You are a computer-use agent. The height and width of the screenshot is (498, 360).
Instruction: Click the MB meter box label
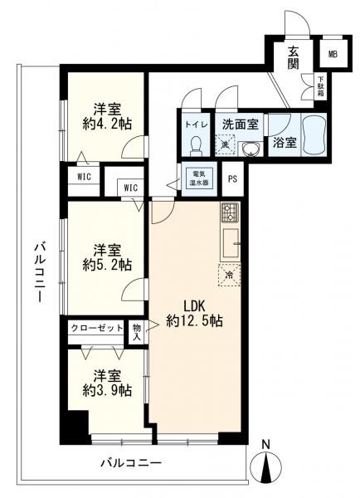pyautogui.click(x=333, y=55)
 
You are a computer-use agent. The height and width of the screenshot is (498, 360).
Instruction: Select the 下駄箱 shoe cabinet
pyautogui.click(x=321, y=87)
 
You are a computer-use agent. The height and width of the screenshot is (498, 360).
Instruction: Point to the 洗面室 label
pyautogui.click(x=240, y=124)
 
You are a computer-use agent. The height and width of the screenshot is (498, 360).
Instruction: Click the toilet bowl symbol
pyautogui.click(x=196, y=144)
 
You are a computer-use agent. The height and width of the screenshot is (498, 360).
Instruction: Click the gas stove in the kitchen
pyautogui.click(x=230, y=214)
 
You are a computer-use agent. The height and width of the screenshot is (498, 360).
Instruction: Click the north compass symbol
pyautogui.click(x=266, y=467)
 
